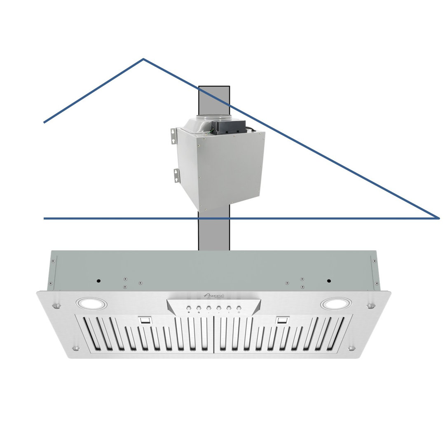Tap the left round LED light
[91, 304]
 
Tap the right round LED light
[336, 304]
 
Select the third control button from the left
[208, 308]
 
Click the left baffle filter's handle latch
[145, 320]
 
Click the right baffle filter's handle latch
[282, 320]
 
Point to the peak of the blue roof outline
[143, 59]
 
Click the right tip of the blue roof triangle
[438, 218]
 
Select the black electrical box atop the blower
[229, 127]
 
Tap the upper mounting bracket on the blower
[174, 136]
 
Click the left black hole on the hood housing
[99, 281]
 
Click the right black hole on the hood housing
[329, 281]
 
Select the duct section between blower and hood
[213, 233]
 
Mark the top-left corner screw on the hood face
[56, 306]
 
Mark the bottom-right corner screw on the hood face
[351, 348]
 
